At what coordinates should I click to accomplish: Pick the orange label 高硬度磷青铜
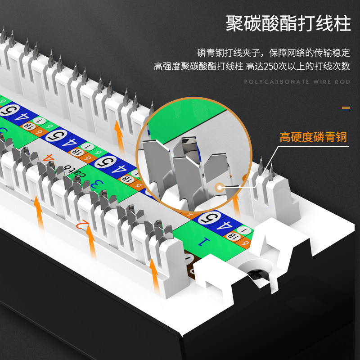313,136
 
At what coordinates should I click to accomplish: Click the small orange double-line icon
346,107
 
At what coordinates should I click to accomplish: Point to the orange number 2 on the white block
81,224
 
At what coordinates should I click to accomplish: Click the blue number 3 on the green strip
94,184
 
